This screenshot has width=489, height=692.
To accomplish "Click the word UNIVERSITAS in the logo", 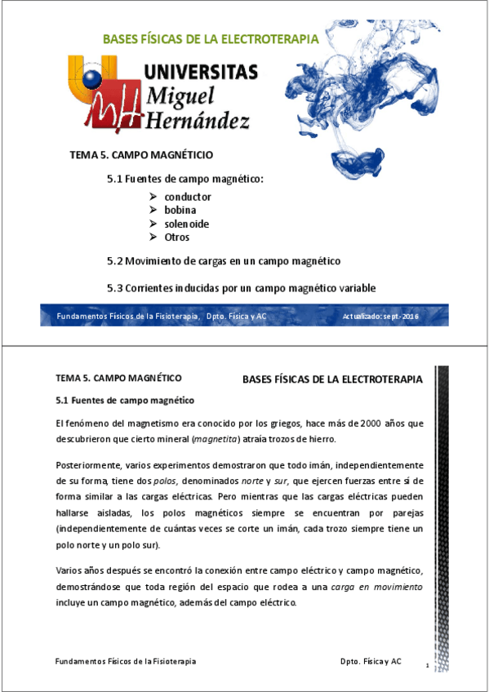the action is tap(201, 72).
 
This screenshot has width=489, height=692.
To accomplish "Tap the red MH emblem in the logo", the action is tap(106, 109).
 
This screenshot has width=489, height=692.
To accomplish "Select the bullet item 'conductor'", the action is tap(188, 197).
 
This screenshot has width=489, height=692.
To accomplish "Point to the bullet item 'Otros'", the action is tap(176, 237).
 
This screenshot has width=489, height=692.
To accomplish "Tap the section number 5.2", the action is tap(115, 261).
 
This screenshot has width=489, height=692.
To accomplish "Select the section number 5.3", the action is tap(115, 287).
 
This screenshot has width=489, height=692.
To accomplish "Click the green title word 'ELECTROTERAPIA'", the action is tap(270, 39).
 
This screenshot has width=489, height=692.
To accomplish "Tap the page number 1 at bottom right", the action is tap(427, 668).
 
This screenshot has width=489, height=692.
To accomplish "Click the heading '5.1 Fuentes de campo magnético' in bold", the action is tap(124, 401).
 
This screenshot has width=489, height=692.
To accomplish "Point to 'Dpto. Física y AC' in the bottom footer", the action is tap(371, 661).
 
